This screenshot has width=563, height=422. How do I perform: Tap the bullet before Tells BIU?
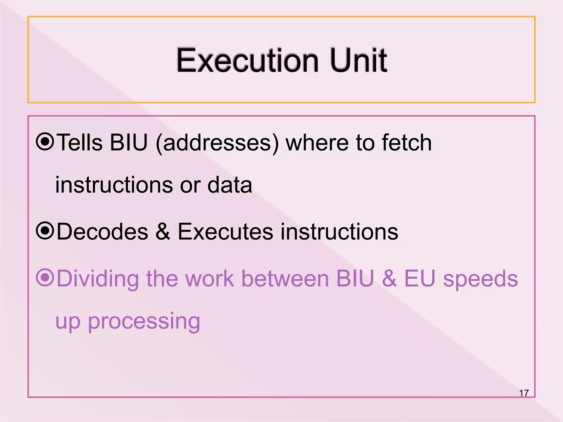(x=45, y=142)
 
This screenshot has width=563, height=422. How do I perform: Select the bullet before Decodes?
(x=45, y=231)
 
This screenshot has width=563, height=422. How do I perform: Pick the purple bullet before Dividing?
(x=45, y=278)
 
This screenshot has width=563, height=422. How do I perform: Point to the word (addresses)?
(x=217, y=143)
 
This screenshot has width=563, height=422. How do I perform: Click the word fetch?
(x=407, y=143)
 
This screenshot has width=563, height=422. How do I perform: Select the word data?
(x=230, y=185)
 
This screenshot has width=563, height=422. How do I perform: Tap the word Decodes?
(x=103, y=232)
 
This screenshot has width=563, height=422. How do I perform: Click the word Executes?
(x=225, y=232)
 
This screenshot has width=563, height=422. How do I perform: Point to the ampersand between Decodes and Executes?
(x=163, y=232)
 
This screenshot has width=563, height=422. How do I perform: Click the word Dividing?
(x=98, y=279)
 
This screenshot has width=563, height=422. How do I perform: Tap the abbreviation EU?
(x=420, y=279)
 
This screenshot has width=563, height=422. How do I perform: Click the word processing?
(x=144, y=321)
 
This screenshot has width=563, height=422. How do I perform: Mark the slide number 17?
(x=524, y=393)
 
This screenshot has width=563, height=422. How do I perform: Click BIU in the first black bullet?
(x=129, y=143)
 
